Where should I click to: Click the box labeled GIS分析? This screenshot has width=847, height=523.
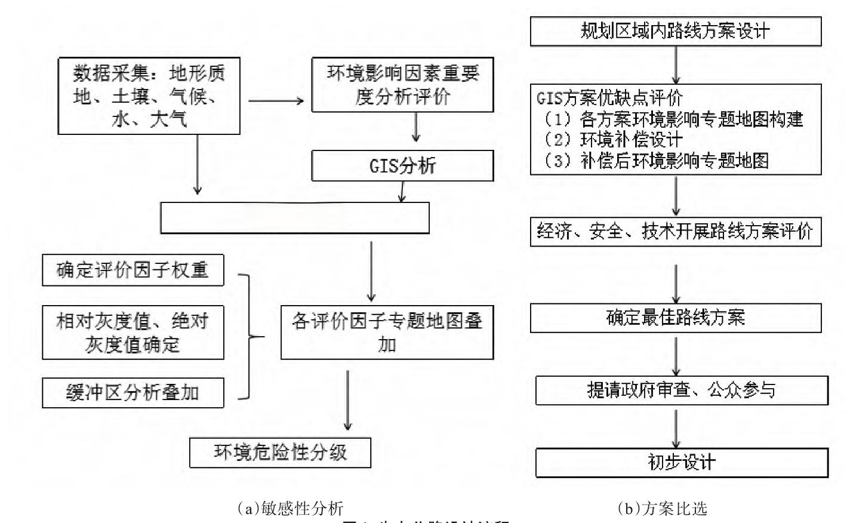402,165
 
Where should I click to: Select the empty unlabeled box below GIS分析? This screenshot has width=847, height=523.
295,218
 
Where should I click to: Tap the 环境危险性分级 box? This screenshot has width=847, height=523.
280,453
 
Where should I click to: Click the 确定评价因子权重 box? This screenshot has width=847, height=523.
133,270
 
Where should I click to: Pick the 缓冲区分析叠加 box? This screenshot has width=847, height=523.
133,393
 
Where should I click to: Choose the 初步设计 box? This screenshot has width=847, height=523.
681,463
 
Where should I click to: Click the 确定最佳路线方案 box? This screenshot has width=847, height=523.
676,318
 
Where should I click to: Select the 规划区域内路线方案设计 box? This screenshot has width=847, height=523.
676,31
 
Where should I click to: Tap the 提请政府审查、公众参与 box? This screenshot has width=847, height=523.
681,390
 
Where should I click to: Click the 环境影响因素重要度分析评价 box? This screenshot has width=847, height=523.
402,85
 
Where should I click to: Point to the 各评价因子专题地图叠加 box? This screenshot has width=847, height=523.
387,333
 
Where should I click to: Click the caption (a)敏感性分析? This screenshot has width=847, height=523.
290,508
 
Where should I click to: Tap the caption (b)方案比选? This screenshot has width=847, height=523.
662,508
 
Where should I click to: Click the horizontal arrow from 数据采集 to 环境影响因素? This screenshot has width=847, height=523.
276,101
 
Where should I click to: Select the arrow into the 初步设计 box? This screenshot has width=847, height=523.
676,429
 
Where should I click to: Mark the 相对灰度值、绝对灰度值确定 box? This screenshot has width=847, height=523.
133,333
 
